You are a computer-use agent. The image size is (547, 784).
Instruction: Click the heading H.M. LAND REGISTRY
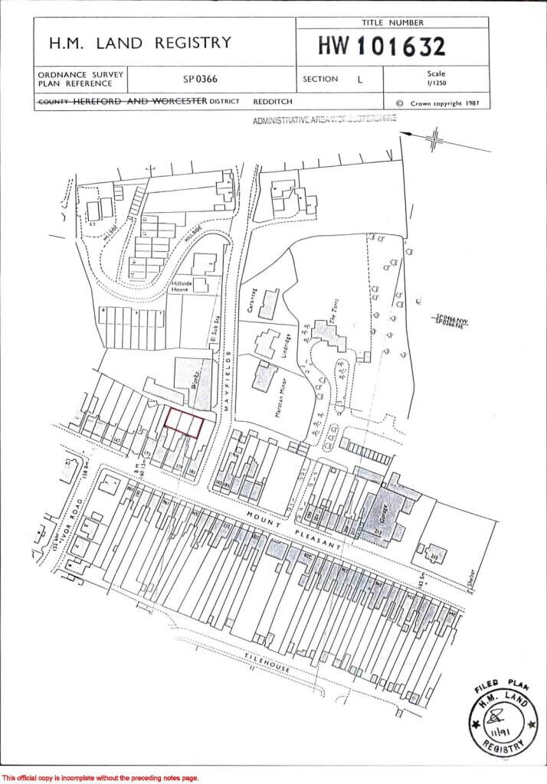point(140,43)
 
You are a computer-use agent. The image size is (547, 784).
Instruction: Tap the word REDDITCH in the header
point(272,101)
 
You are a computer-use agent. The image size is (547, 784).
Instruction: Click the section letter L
point(360,79)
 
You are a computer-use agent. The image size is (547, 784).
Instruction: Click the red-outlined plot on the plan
point(185,423)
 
